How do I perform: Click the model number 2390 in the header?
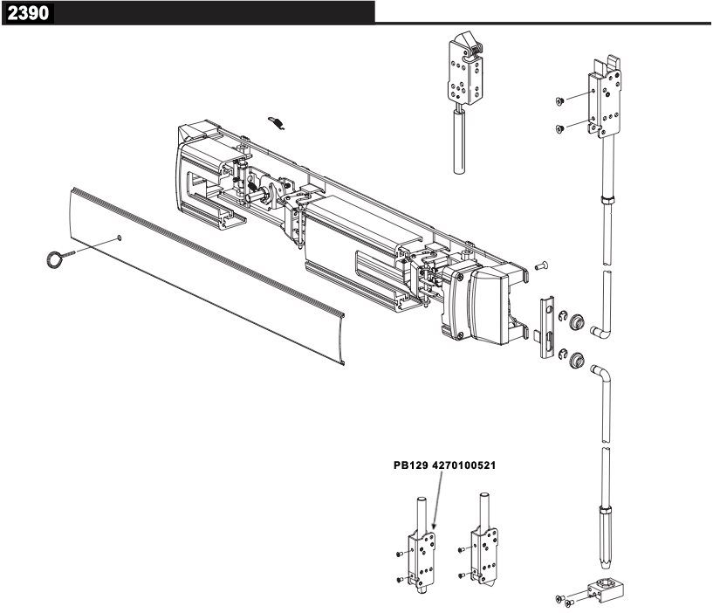[28, 13]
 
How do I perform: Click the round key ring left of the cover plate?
[55, 258]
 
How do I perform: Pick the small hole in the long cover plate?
[120, 236]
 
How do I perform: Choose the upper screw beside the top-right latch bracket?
[559, 101]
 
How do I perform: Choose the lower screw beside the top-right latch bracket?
[559, 129]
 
